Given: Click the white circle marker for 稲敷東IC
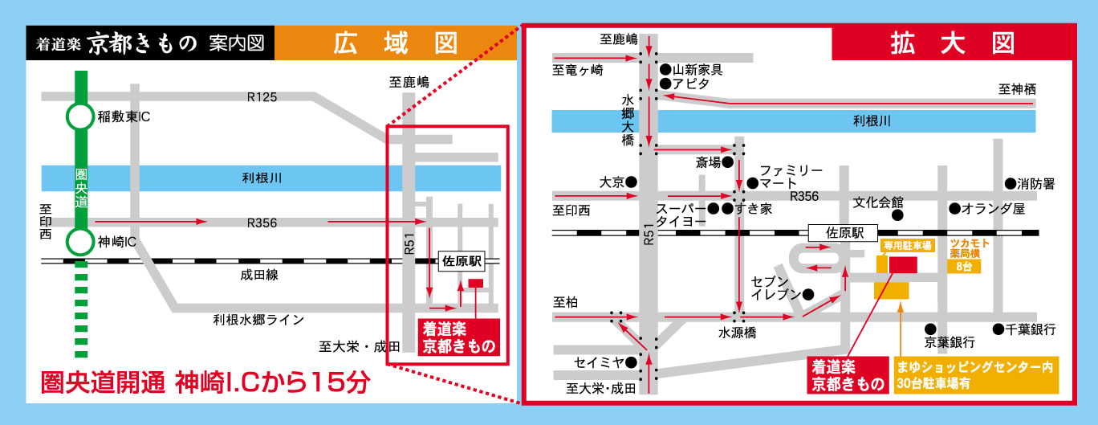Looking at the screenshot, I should tap(79, 117).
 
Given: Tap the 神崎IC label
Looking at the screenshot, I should tap(117, 241).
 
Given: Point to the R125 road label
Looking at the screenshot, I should tap(262, 97).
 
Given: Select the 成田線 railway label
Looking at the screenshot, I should tap(258, 275).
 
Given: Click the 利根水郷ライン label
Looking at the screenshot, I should tap(258, 320).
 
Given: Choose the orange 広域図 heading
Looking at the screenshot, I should tap(396, 44).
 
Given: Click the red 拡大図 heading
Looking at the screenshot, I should tap(952, 43).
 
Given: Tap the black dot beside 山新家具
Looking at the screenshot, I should tap(665, 69).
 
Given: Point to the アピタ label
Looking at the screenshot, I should tap(691, 84).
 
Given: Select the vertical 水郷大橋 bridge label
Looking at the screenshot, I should tap(628, 121).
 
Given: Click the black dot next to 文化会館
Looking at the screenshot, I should tap(897, 215).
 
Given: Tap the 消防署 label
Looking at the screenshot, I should tap(1036, 184).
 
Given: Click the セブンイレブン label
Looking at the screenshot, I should tap(775, 288).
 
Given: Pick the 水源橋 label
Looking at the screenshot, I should tap(737, 333).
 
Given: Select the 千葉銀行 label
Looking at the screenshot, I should tap(1031, 329).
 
